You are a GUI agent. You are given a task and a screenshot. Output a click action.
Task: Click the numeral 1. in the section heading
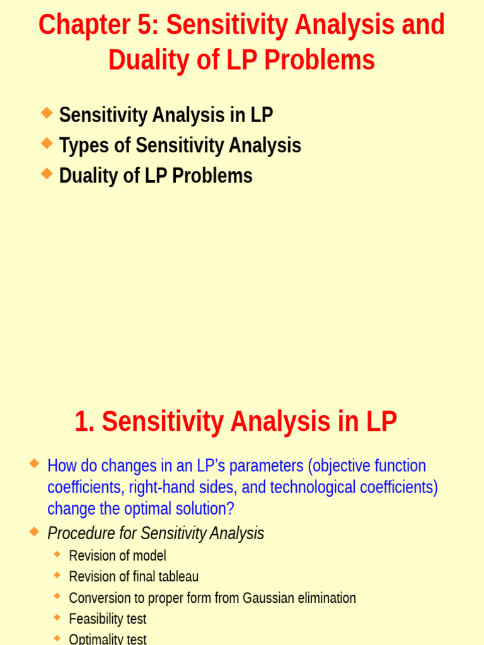click(x=84, y=421)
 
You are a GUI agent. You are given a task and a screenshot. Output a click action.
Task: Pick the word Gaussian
click(x=265, y=598)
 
